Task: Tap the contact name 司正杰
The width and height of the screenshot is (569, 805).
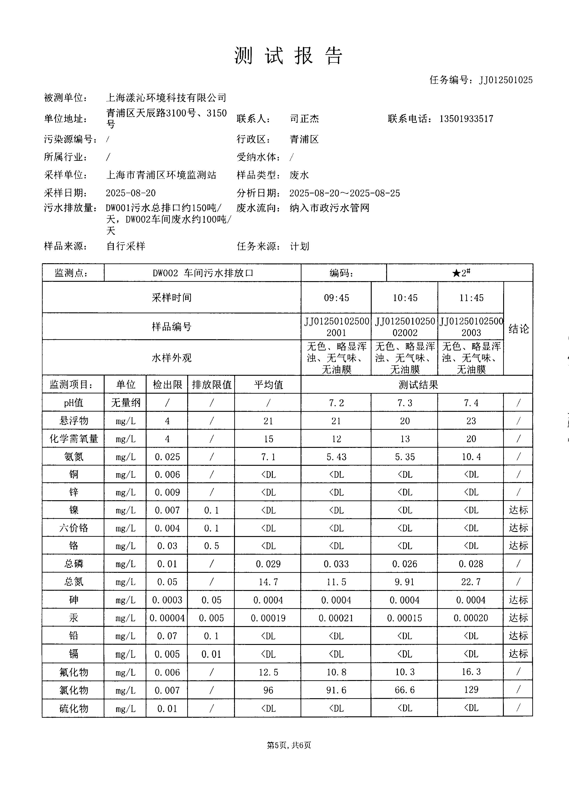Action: point(304,119)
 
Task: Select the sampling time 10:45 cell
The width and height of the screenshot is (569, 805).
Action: point(405,298)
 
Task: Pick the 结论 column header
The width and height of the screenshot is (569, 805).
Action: point(518,329)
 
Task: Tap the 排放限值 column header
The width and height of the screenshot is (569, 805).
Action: point(211,385)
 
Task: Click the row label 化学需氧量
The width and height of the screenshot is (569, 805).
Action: point(74,439)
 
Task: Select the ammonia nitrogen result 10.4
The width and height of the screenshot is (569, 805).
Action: point(471,457)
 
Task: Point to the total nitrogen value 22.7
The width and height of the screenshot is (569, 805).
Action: point(471,582)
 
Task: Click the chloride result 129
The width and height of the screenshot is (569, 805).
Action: point(471,690)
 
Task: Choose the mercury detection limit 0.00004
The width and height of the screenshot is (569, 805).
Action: point(167,618)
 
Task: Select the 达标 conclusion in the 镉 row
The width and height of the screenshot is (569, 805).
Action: point(518,654)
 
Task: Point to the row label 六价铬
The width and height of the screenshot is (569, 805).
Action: point(74,528)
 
